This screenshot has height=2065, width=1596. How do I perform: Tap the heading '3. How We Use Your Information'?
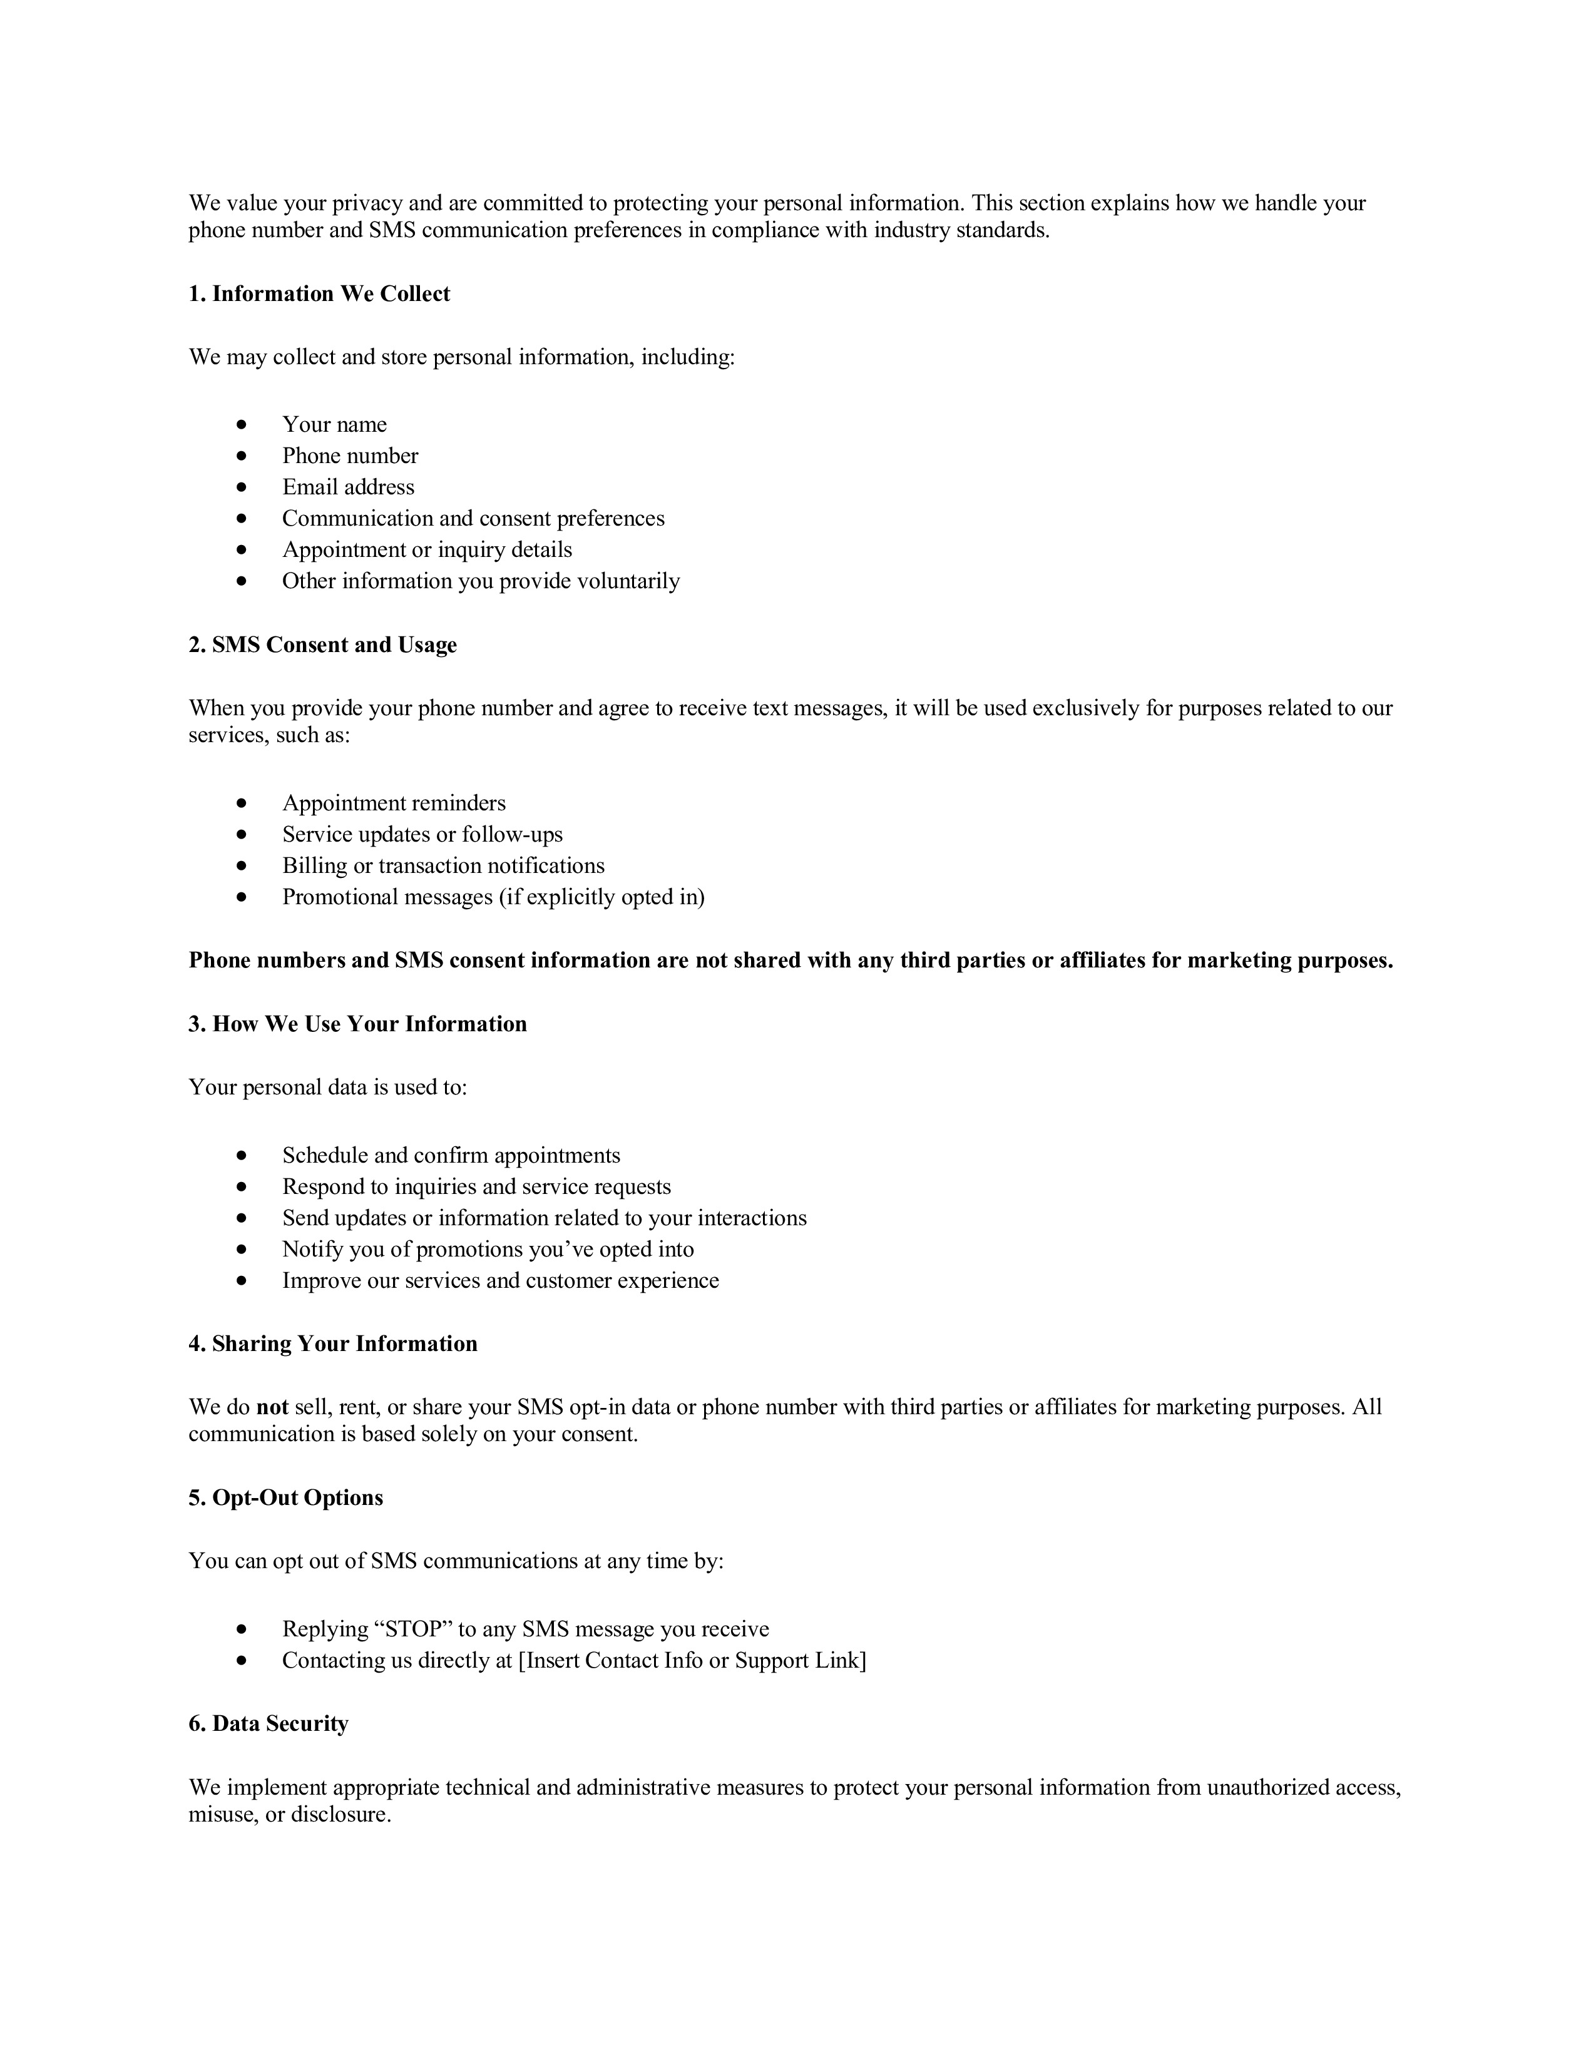(357, 1024)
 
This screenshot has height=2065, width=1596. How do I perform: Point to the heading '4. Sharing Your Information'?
(333, 1344)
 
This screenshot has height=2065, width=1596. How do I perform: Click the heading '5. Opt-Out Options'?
(285, 1497)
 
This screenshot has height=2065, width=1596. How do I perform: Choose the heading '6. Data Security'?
(269, 1724)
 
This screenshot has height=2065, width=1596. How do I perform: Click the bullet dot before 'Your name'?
(242, 424)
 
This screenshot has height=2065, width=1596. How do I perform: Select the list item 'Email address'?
(348, 487)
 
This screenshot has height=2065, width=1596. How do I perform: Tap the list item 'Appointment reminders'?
(393, 803)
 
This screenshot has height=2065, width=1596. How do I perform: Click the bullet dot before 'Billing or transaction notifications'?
(242, 866)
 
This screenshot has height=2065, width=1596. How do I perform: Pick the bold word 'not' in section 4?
(272, 1407)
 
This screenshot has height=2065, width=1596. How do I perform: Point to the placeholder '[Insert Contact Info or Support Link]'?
(692, 1660)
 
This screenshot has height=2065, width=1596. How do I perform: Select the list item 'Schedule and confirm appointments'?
(451, 1155)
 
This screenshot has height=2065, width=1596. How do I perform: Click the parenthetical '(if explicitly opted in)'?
(601, 896)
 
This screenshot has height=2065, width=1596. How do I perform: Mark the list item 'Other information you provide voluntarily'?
(480, 581)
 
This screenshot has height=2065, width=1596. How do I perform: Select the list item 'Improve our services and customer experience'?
(500, 1280)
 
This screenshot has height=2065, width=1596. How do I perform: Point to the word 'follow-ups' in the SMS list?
(511, 834)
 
